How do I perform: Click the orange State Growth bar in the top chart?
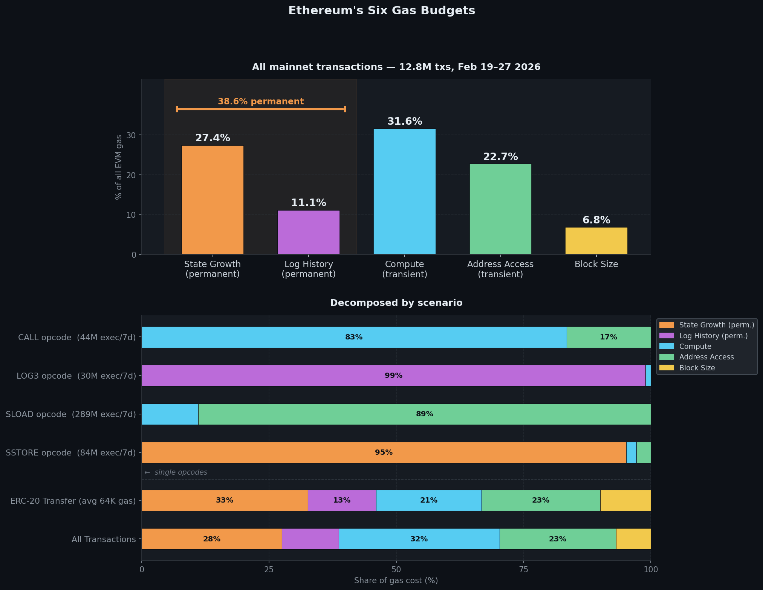(213, 200)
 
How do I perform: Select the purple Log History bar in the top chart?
(309, 232)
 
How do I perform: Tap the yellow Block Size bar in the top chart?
(596, 241)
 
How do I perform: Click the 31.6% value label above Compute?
(405, 122)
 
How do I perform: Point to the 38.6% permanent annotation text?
(261, 102)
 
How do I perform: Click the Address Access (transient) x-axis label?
(500, 269)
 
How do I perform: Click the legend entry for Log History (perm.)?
(713, 336)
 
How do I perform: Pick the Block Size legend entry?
(697, 368)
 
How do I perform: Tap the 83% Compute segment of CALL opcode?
(354, 337)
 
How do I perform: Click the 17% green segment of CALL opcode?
(609, 337)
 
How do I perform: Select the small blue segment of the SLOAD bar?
(170, 414)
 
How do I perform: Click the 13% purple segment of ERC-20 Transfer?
(342, 500)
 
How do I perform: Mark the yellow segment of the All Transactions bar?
(633, 539)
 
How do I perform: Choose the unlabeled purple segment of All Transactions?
(310, 539)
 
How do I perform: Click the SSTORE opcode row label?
(71, 452)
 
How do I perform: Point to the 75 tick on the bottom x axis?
(523, 569)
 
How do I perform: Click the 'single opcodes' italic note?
(180, 472)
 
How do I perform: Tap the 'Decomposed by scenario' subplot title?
(396, 303)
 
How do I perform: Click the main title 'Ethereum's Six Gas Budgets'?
(381, 11)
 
